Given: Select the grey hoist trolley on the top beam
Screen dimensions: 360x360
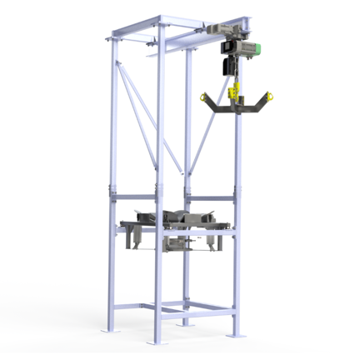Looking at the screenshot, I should (x=227, y=31).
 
